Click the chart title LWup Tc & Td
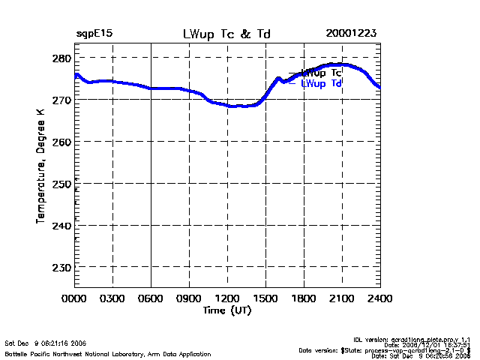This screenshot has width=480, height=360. (227, 34)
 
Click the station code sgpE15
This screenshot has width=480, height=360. (94, 34)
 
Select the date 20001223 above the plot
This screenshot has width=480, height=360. (351, 34)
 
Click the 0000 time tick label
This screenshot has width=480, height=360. (74, 298)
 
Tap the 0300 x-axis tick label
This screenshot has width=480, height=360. (112, 298)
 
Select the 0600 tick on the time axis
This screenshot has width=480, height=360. (151, 298)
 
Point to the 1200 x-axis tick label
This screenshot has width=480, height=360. (227, 298)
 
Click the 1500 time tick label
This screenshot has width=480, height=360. (265, 298)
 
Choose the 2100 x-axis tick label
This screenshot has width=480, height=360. (342, 298)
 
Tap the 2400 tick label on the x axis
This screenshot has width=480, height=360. (380, 298)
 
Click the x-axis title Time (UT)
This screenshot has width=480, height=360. (226, 310)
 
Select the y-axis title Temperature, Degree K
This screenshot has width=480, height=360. (40, 164)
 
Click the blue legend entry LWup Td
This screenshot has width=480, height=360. (322, 84)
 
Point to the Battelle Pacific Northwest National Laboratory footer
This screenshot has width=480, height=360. (108, 353)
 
